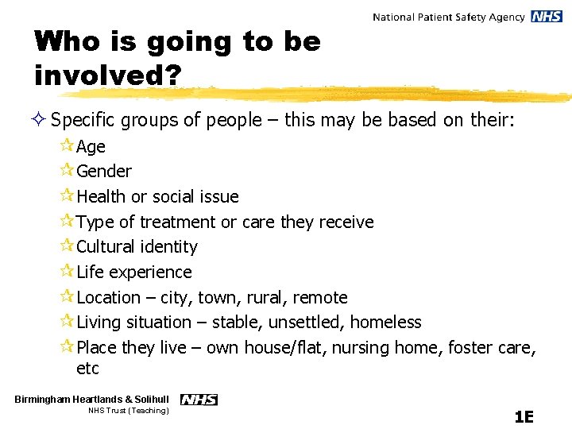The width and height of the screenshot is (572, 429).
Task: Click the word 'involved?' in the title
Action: click(108, 75)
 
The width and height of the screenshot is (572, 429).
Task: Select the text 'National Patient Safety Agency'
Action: click(448, 17)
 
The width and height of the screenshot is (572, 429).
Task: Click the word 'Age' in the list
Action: click(91, 146)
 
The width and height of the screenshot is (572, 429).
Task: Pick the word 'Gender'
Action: click(104, 171)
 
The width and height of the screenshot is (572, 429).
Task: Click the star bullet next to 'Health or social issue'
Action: click(67, 195)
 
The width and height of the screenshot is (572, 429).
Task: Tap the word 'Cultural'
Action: click(106, 246)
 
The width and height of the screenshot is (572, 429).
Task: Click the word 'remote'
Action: click(319, 297)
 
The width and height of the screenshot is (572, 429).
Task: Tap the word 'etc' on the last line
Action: click(87, 368)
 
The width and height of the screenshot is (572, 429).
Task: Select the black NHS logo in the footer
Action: click(199, 400)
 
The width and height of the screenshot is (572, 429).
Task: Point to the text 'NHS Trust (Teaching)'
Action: click(128, 411)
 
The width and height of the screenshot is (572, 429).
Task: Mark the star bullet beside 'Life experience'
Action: click(67, 271)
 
